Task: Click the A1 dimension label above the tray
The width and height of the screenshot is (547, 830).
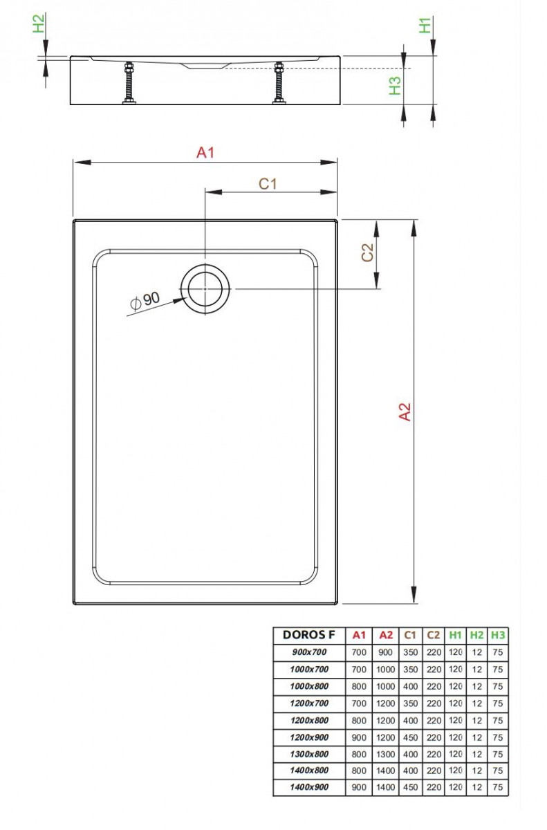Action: click(x=205, y=152)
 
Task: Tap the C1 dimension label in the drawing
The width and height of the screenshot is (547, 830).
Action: click(x=268, y=183)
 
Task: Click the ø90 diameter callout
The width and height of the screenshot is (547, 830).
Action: click(x=145, y=300)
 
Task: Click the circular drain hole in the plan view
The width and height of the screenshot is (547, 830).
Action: click(x=204, y=288)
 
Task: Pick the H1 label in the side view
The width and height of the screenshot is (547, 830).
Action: click(x=425, y=25)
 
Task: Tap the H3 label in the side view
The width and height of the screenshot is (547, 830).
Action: click(x=395, y=86)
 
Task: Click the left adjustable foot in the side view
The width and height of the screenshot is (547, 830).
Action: click(x=128, y=84)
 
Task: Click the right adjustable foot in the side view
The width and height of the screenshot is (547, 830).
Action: click(x=279, y=84)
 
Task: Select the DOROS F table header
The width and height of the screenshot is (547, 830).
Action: click(x=308, y=635)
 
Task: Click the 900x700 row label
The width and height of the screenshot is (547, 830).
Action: click(x=308, y=652)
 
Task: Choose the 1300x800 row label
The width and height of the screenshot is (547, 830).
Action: click(x=308, y=753)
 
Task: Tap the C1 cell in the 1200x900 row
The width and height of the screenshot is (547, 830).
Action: click(x=409, y=737)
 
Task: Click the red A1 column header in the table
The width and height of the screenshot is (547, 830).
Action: click(x=358, y=635)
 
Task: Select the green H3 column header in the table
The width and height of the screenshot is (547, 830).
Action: click(x=498, y=635)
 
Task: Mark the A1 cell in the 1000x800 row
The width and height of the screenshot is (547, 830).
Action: click(x=358, y=685)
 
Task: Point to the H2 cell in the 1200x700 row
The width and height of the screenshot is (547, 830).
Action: click(x=476, y=703)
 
